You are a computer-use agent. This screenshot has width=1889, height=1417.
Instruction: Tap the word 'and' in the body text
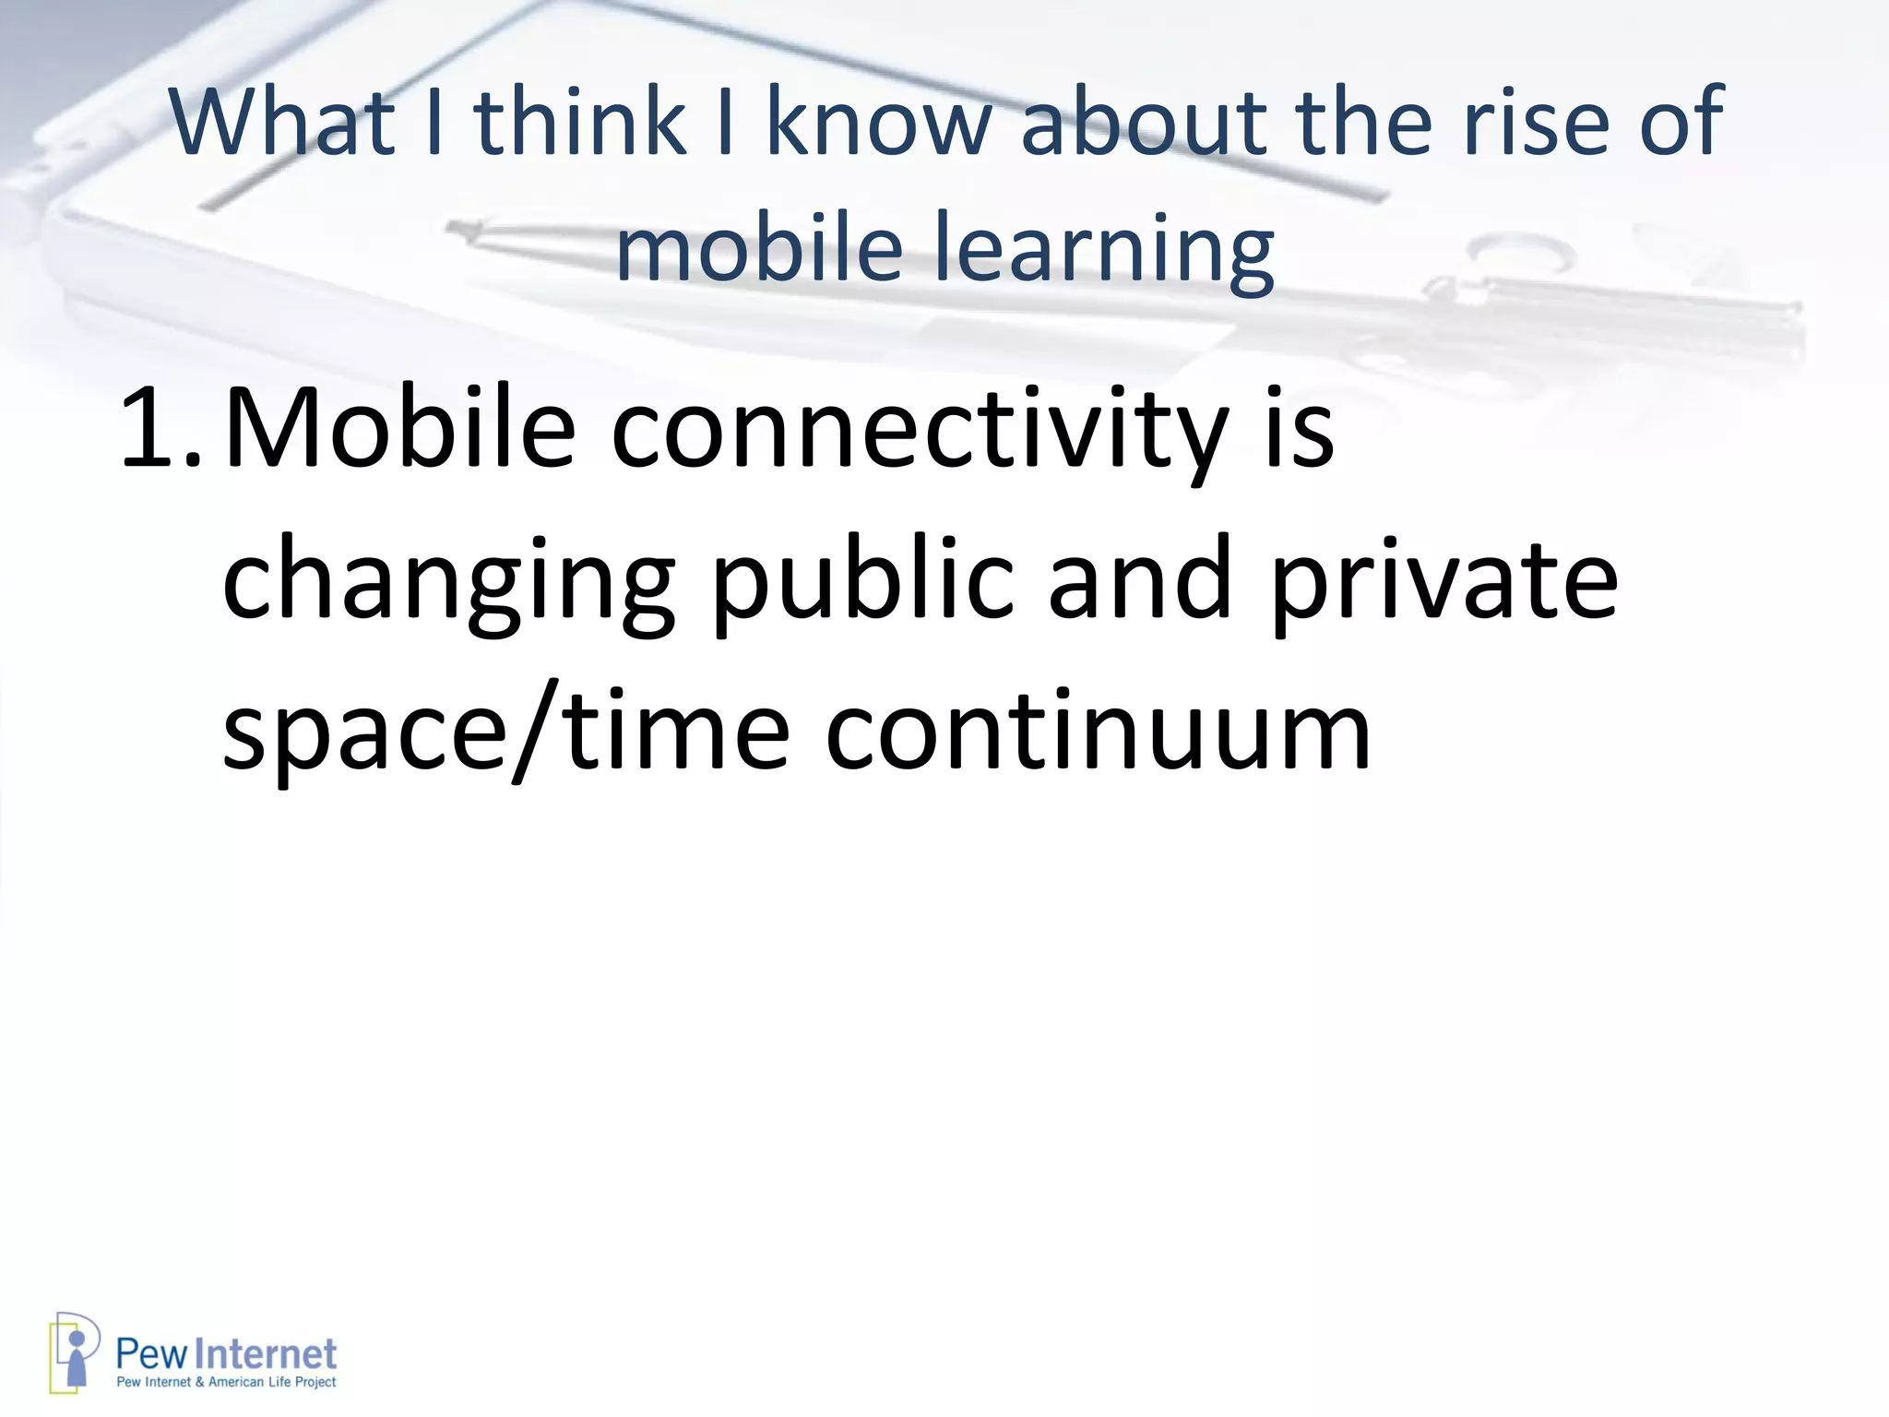coord(1140,581)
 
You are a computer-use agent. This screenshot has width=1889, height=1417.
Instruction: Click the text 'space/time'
coord(506,733)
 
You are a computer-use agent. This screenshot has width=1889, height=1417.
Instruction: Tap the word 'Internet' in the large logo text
coord(267,1354)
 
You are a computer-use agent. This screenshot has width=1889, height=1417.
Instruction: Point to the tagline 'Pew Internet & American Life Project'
coord(226,1382)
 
